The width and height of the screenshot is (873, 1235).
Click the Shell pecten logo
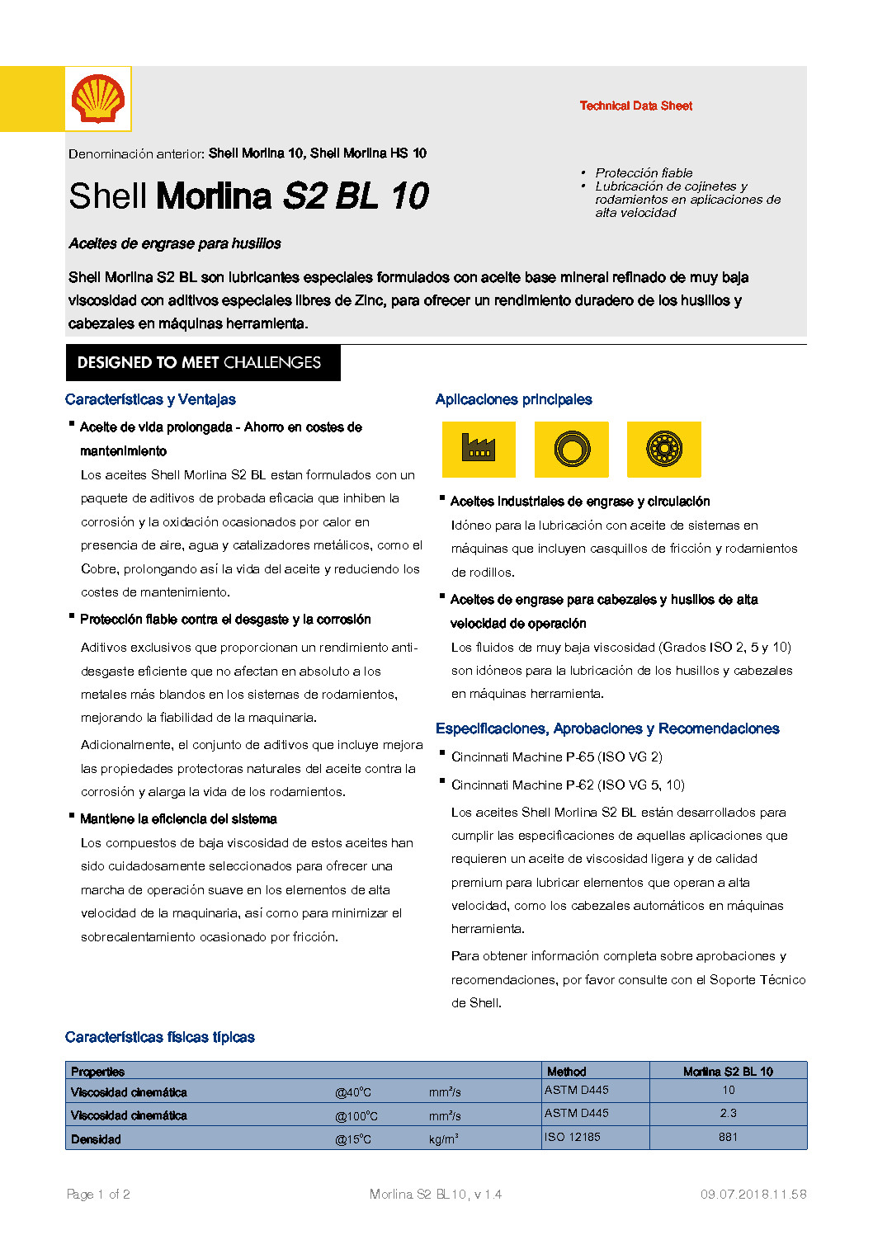(98, 99)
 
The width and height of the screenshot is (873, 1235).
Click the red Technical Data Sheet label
(635, 106)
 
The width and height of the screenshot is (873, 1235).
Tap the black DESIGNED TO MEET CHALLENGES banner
(203, 363)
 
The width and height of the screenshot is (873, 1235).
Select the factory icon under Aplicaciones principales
(479, 450)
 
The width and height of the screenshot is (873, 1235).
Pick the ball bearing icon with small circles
(664, 450)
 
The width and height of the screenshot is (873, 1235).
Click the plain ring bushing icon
(572, 450)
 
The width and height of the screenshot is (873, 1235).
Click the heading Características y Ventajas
(150, 400)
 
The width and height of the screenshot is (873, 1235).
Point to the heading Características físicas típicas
(160, 1038)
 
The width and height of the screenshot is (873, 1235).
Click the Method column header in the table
(567, 1072)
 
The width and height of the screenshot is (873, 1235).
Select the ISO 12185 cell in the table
(573, 1137)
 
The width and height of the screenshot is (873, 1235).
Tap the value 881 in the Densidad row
(728, 1137)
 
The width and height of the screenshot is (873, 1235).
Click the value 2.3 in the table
(728, 1113)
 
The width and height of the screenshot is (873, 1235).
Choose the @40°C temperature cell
(353, 1092)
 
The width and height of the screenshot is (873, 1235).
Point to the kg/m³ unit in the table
(443, 1139)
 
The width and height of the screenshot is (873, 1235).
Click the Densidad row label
(96, 1139)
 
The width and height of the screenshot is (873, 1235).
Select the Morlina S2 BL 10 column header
(728, 1072)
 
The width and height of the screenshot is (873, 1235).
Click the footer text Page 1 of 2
(98, 1194)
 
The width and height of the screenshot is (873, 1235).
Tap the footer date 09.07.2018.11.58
(753, 1194)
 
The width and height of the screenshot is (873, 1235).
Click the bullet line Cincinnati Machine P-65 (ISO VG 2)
(557, 757)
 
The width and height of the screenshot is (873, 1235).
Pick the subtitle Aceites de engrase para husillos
(175, 243)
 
